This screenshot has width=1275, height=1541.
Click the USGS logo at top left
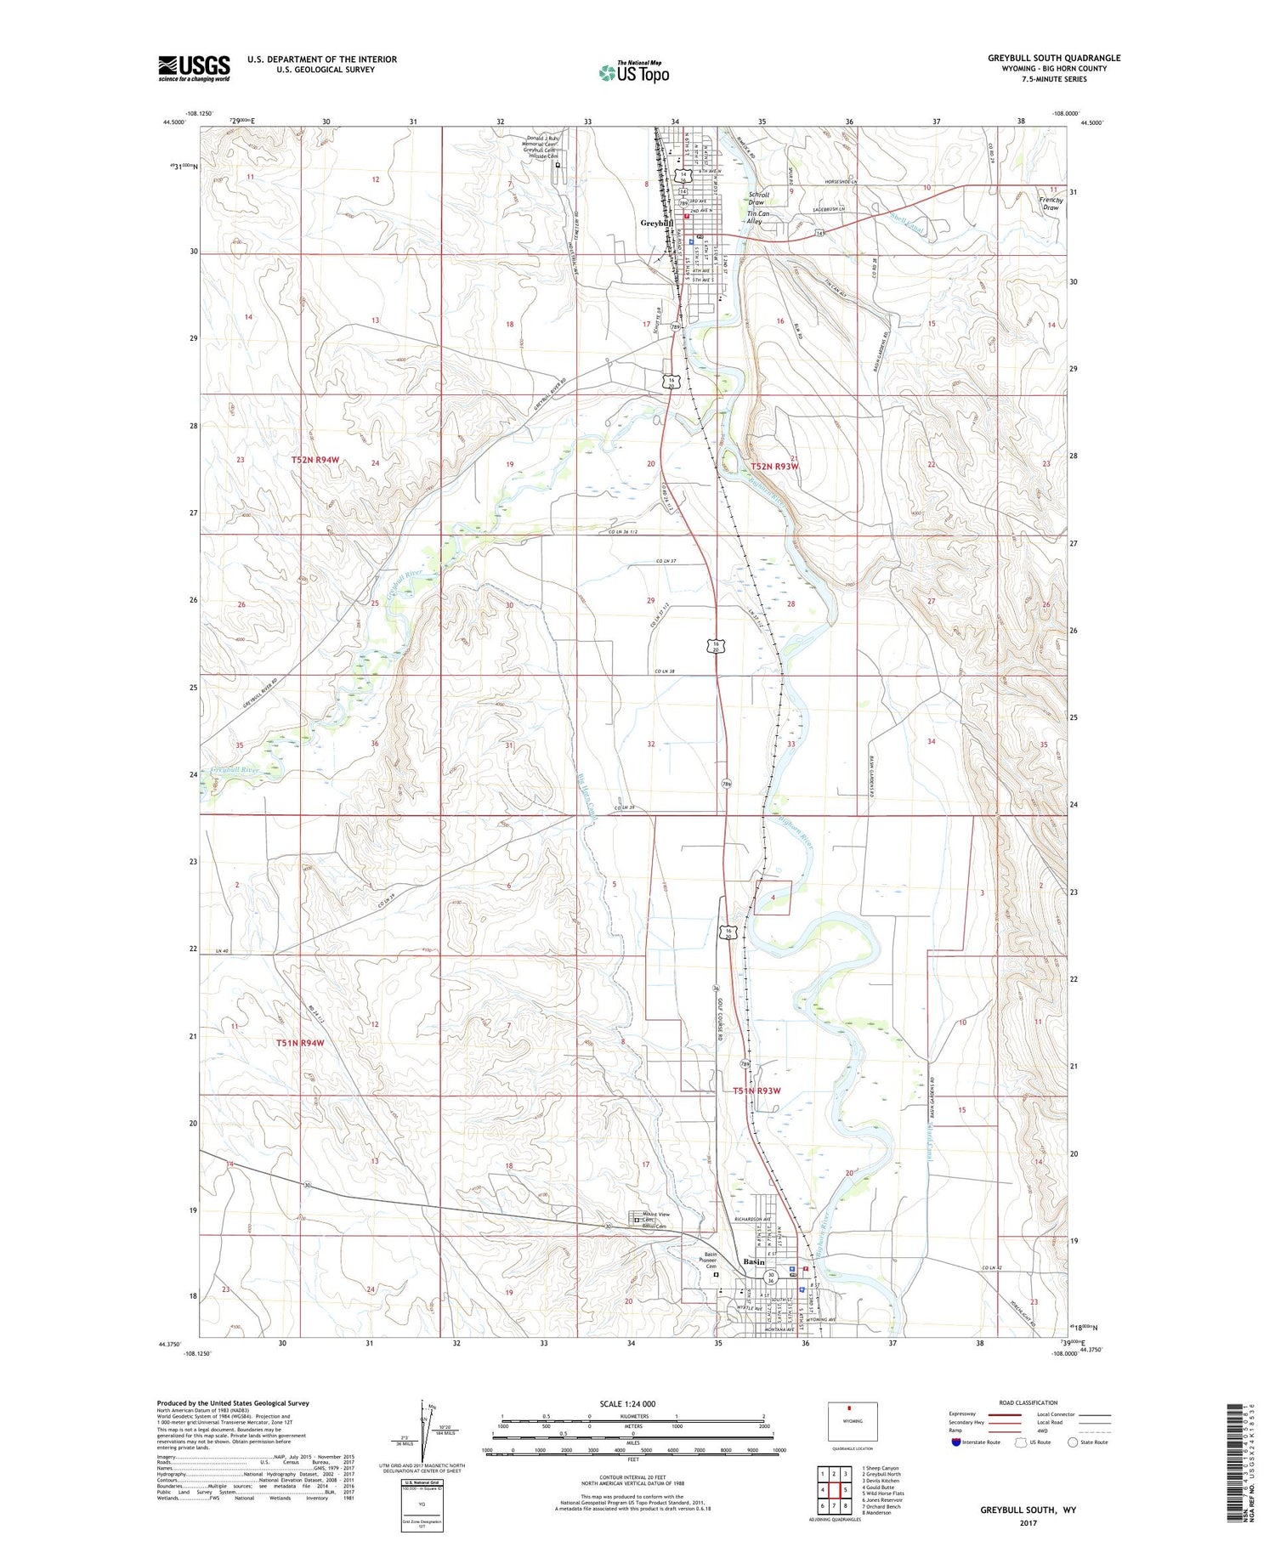194,68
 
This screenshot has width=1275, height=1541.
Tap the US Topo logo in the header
633,72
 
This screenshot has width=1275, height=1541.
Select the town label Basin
753,1262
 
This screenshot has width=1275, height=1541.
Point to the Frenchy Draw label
1051,204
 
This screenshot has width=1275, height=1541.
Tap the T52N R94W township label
314,460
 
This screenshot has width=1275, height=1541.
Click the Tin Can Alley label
757,218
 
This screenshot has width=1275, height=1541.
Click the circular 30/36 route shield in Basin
771,1278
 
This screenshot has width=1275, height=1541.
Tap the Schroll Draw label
756,198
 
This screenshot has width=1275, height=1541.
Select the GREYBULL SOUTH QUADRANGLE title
1053,58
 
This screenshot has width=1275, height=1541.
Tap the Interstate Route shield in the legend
956,1442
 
